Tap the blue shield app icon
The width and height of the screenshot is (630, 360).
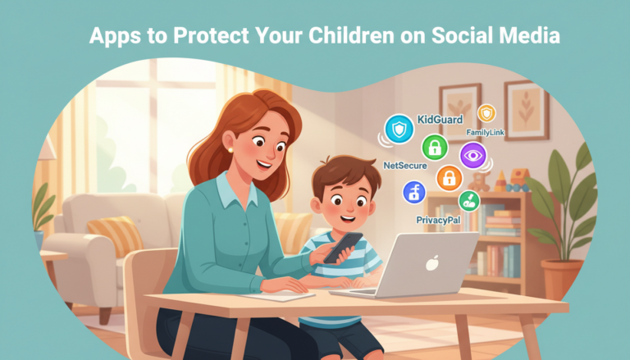click(400, 129)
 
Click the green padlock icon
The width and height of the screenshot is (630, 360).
click(434, 148)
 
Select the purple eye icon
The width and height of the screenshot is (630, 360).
click(473, 155)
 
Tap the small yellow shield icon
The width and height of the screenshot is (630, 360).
click(487, 113)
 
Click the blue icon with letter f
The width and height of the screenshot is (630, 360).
click(414, 193)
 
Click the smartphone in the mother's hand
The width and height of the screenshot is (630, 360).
click(343, 247)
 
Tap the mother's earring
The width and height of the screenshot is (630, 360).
click(231, 148)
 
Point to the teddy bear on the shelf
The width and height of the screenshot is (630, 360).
click(482, 180)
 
